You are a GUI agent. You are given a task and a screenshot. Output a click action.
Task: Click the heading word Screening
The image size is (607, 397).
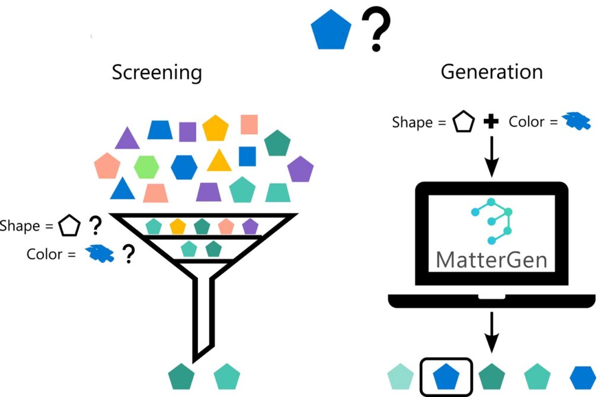pos(157,73)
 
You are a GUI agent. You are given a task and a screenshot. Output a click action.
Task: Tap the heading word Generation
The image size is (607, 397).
pos(491,72)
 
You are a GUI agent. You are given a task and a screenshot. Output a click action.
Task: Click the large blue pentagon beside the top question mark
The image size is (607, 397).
pos(331,32)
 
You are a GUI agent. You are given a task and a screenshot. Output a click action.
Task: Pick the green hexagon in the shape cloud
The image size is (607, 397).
pos(146,167)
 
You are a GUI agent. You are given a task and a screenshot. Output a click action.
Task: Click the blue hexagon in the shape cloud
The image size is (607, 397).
pos(184,167)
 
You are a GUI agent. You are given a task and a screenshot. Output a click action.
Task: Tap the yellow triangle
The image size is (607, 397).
pos(219,161)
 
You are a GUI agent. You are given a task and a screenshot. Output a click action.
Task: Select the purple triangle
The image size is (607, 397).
pos(127,139)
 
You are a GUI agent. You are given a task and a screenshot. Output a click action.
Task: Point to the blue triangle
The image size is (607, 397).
pos(123,189)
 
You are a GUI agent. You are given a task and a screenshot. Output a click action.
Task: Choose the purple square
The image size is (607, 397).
pos(188,132)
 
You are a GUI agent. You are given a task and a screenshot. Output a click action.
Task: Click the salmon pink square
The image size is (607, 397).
pos(249,125)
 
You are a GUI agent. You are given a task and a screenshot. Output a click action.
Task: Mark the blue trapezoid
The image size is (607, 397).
pos(159,130)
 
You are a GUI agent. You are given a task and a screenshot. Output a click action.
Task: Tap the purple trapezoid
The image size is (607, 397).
pos(209,192)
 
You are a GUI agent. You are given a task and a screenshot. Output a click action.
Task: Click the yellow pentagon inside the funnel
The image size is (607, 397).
pos(178,226)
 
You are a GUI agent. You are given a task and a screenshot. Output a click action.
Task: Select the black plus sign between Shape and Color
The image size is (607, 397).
pos(491,122)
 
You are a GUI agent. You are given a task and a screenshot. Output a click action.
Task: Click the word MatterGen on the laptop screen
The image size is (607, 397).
pos(491,260)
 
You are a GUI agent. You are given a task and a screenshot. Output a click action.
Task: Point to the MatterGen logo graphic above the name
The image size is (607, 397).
pos(491,222)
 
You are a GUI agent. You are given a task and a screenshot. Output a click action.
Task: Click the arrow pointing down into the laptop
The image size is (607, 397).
pos(491,158)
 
